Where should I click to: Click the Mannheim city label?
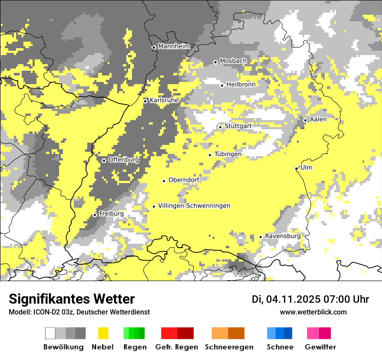click(x=174, y=46)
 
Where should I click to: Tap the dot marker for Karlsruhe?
click(x=145, y=101)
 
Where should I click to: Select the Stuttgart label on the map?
click(x=238, y=126)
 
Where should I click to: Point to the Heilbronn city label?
click(x=240, y=85)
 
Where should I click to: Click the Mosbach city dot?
click(x=215, y=62)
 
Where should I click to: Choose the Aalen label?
click(x=318, y=119)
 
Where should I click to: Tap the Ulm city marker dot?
click(x=296, y=168)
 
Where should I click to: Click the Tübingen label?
click(x=228, y=154)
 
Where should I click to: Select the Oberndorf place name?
click(x=184, y=180)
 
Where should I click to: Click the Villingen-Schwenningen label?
click(x=194, y=206)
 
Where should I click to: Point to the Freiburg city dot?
click(x=95, y=215)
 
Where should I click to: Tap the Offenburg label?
click(x=123, y=160)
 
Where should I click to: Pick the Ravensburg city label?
click(x=283, y=236)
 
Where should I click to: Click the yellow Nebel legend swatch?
click(x=103, y=333)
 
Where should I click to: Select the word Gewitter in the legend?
click(x=320, y=347)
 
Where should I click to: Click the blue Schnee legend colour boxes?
click(x=280, y=333)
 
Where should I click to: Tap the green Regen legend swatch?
click(x=134, y=333)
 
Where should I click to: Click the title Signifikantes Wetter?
click(x=72, y=299)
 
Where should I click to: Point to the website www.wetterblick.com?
click(x=313, y=312)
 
